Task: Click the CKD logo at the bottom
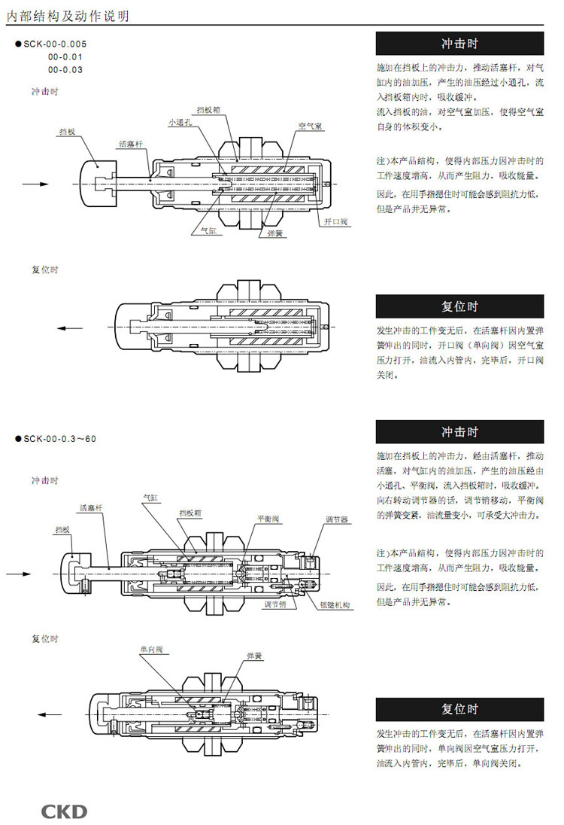point(64,811)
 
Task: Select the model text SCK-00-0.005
point(56,44)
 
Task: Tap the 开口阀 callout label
point(335,222)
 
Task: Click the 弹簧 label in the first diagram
point(275,233)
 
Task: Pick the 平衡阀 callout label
point(268,519)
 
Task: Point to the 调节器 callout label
point(336,519)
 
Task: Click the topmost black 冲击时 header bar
point(459,43)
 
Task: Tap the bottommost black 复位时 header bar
point(459,709)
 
